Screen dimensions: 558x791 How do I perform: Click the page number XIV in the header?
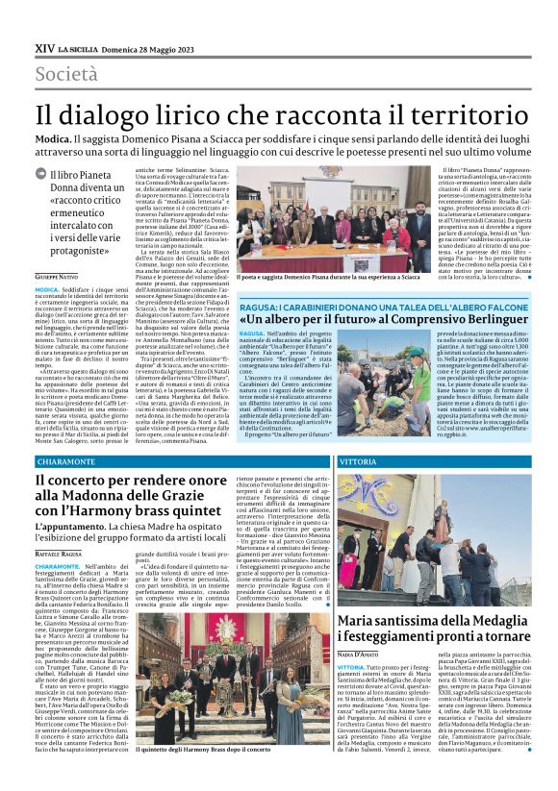click(43, 45)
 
